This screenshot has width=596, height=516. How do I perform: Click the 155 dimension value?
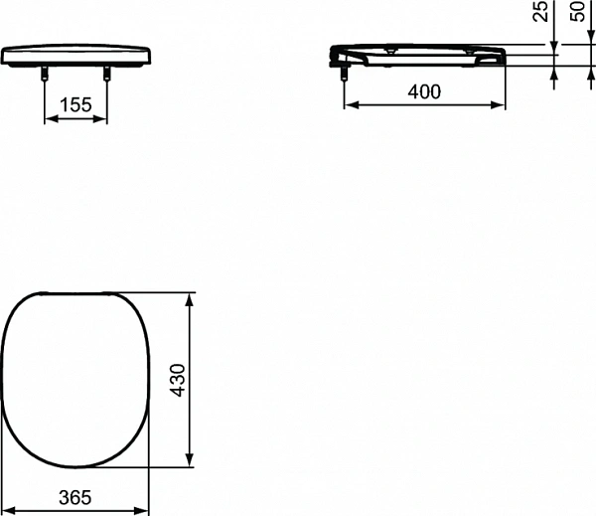coord(75,102)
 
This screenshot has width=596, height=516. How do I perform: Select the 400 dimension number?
coord(424,91)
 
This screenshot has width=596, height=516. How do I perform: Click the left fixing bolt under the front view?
coord(45,73)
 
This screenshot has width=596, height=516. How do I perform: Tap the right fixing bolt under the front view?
coord(105,73)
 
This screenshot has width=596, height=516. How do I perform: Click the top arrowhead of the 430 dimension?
coord(192,299)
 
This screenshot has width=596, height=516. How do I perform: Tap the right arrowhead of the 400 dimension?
coord(499,106)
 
